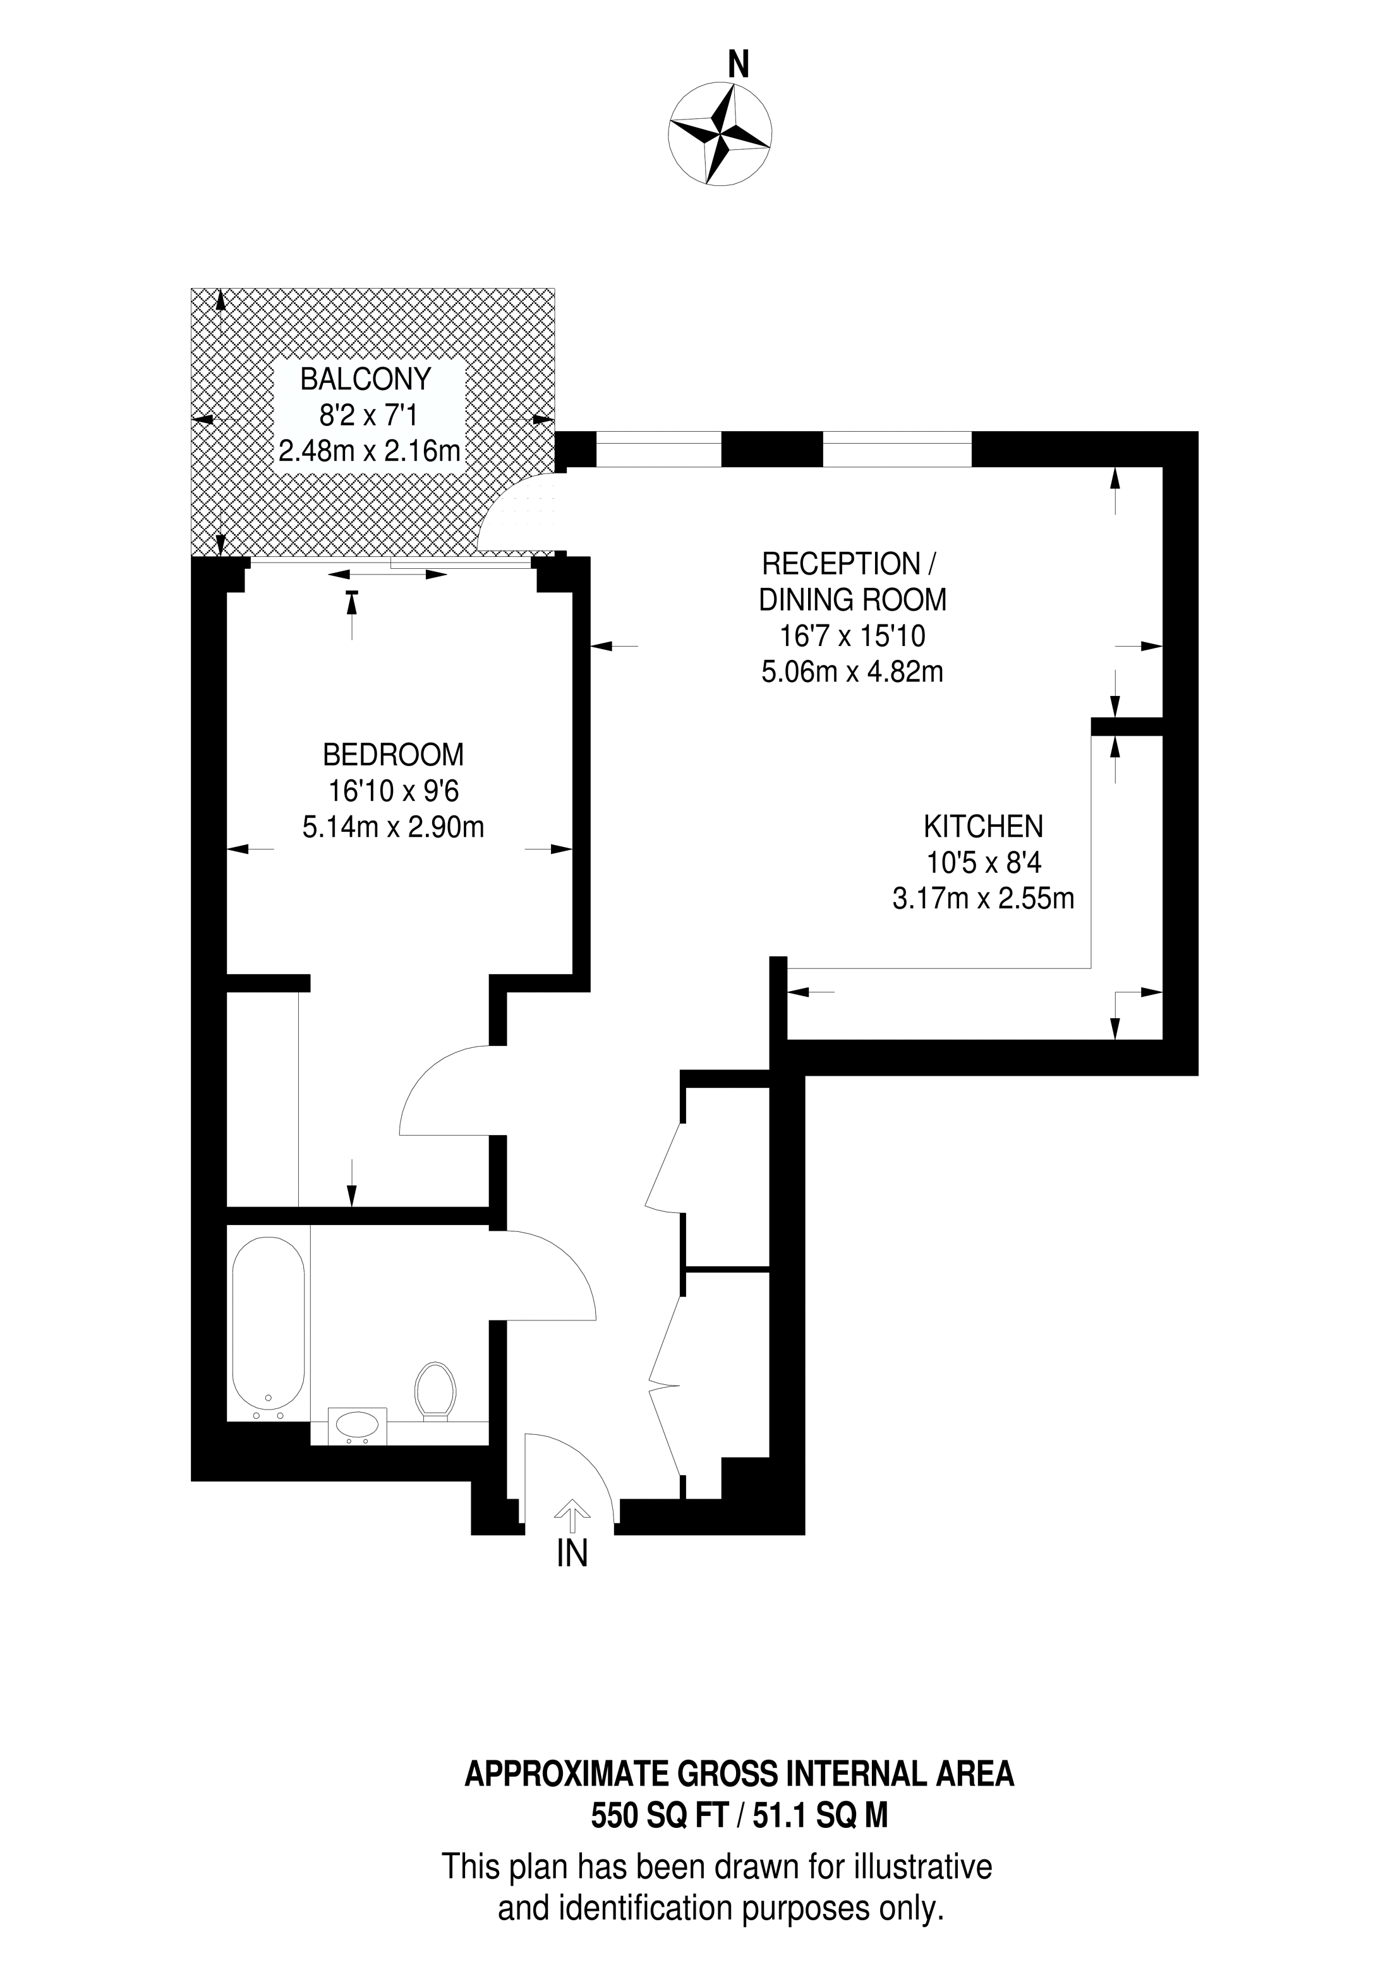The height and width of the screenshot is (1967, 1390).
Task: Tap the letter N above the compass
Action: (x=737, y=64)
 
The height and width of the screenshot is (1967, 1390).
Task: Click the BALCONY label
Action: (x=366, y=379)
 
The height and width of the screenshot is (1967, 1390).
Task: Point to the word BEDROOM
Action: (x=393, y=755)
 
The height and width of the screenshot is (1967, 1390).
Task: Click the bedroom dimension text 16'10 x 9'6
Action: (x=393, y=791)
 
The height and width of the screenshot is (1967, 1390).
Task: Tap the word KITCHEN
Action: (x=983, y=827)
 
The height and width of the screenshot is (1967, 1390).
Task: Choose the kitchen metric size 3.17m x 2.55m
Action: (x=983, y=899)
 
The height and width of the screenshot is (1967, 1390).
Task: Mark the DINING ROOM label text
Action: (x=853, y=600)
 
